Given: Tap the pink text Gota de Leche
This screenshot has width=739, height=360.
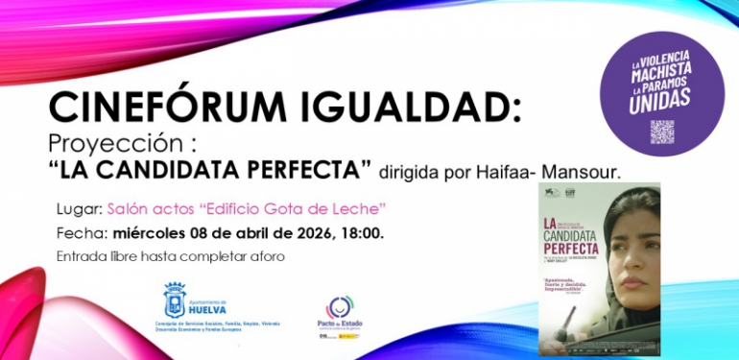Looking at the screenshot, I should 335,207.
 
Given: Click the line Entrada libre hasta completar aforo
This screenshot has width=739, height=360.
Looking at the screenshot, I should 171,256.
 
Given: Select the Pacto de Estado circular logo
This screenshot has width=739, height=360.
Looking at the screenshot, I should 340,308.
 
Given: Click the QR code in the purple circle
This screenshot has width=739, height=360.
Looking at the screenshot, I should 661,132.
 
